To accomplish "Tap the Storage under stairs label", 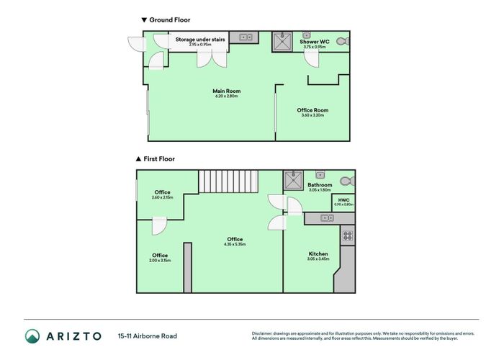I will (199, 40).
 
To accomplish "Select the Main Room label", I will (226, 91).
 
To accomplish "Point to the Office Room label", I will (311, 110).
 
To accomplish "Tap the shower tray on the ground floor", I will (281, 42).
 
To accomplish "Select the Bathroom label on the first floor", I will (320, 185).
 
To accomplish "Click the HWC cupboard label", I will (343, 200).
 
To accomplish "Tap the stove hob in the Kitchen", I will (346, 235).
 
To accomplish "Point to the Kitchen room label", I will (318, 254).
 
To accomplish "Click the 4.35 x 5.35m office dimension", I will (235, 244).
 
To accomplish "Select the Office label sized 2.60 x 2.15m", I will (161, 192).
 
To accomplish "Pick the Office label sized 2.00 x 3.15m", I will (160, 256).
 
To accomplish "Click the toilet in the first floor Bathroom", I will (346, 181).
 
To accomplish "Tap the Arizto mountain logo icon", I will (33, 336).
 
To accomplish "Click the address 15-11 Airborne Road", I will (148, 336).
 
